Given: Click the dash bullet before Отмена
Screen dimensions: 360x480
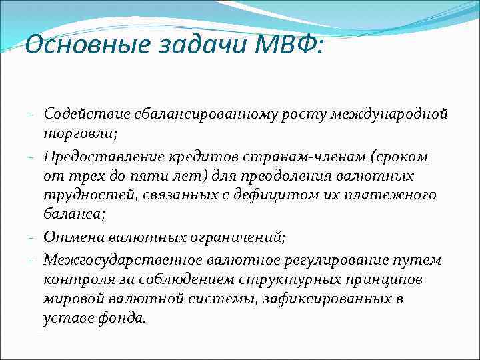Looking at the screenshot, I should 33,237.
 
